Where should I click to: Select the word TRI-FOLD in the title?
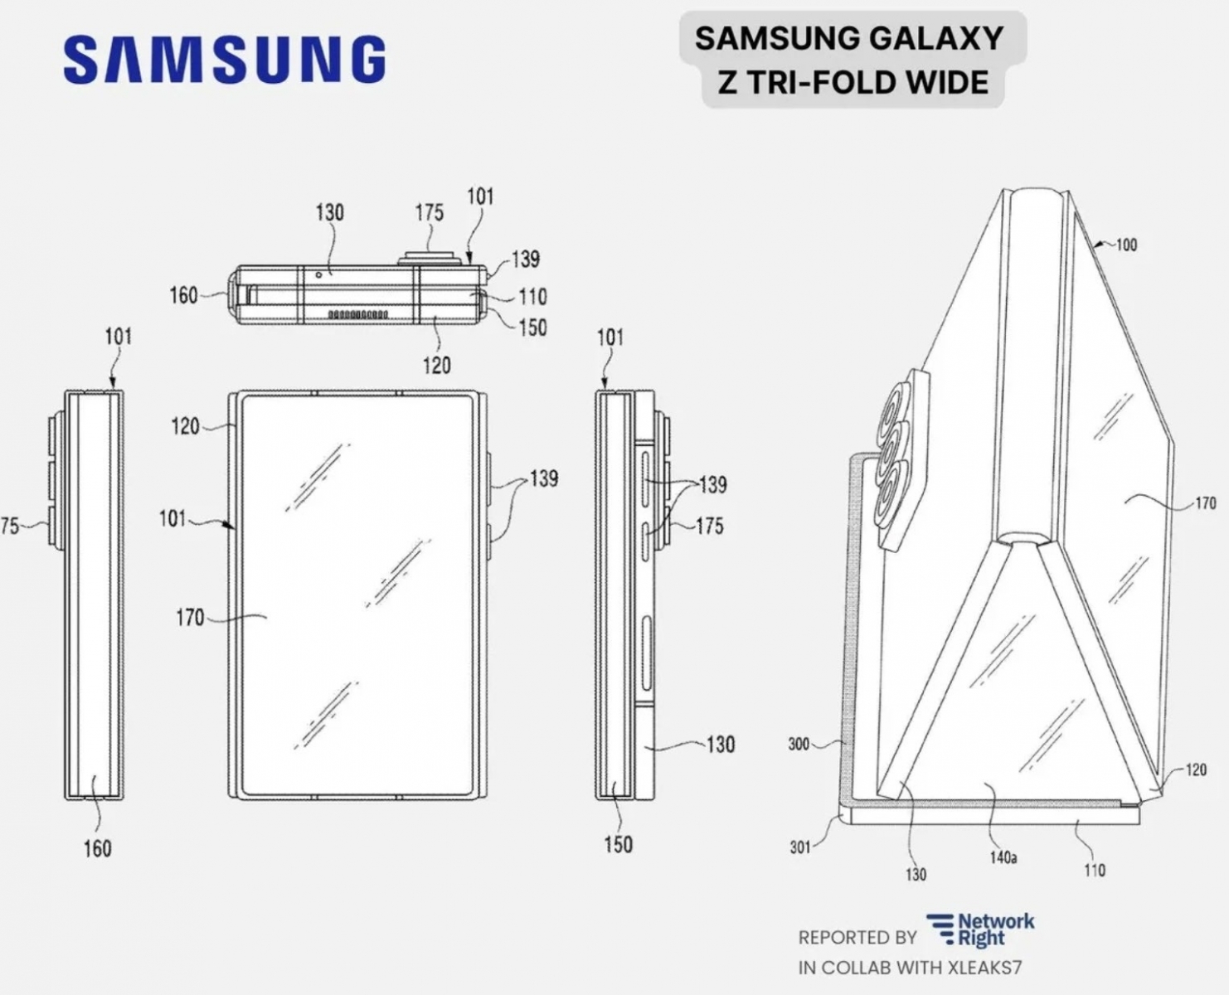pos(820,83)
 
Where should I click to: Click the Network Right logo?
pos(981,929)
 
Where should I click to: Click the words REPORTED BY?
pos(857,938)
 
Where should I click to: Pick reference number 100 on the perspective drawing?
pos(1125,245)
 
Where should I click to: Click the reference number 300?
pos(798,744)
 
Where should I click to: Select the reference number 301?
pos(799,847)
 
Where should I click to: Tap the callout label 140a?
pos(1003,857)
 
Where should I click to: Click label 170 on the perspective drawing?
pos(1204,502)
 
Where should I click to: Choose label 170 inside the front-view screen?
pos(190,617)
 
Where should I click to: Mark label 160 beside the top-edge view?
pos(183,295)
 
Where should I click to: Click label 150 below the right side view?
pos(618,844)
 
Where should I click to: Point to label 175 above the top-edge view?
pos(429,212)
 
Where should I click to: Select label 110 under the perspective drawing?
pos(1094,870)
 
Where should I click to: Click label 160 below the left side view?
pos(97,848)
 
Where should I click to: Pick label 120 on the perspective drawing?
pos(1195,769)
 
